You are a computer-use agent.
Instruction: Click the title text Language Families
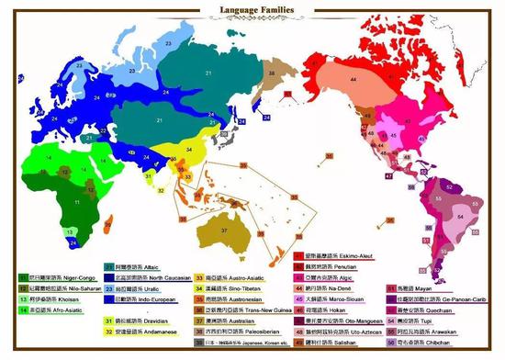[252, 11]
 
